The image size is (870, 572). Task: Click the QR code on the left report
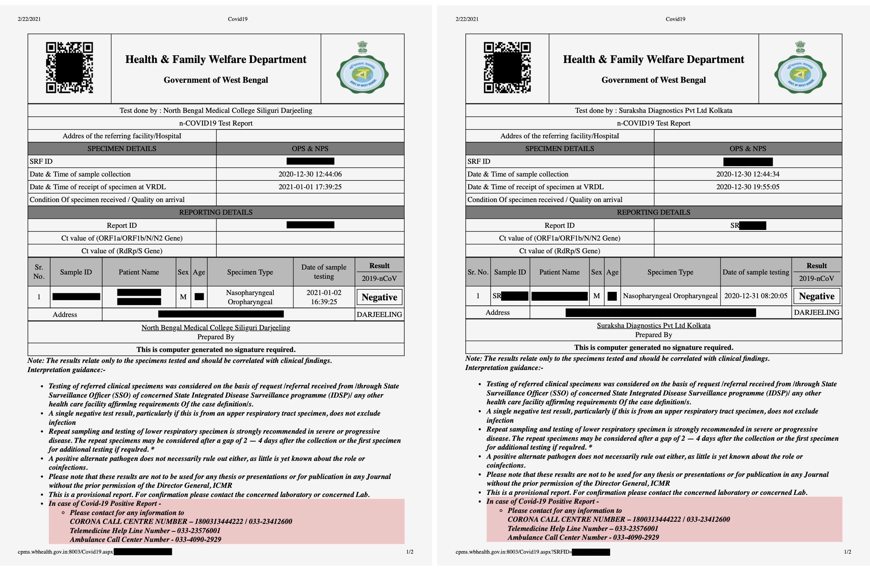[69, 68]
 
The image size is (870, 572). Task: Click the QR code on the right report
[507, 68]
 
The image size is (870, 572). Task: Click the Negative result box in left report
[379, 297]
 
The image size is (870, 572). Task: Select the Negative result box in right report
[816, 296]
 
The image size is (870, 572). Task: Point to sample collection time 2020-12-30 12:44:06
[310, 174]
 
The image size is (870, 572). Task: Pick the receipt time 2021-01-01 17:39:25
[310, 187]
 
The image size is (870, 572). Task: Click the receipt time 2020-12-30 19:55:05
[748, 187]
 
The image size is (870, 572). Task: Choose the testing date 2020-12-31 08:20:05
[755, 296]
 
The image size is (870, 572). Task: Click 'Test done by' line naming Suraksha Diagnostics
[653, 110]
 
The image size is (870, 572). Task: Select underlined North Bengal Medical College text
[216, 328]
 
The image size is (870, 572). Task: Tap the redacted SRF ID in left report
[310, 161]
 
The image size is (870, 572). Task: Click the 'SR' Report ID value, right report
[748, 226]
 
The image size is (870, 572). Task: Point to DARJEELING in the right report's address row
[816, 313]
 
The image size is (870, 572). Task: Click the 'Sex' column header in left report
[183, 272]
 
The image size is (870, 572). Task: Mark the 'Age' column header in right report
[612, 272]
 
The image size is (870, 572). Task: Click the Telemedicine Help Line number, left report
[145, 531]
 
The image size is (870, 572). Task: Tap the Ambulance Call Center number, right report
[583, 538]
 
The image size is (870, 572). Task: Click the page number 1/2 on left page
[410, 552]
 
